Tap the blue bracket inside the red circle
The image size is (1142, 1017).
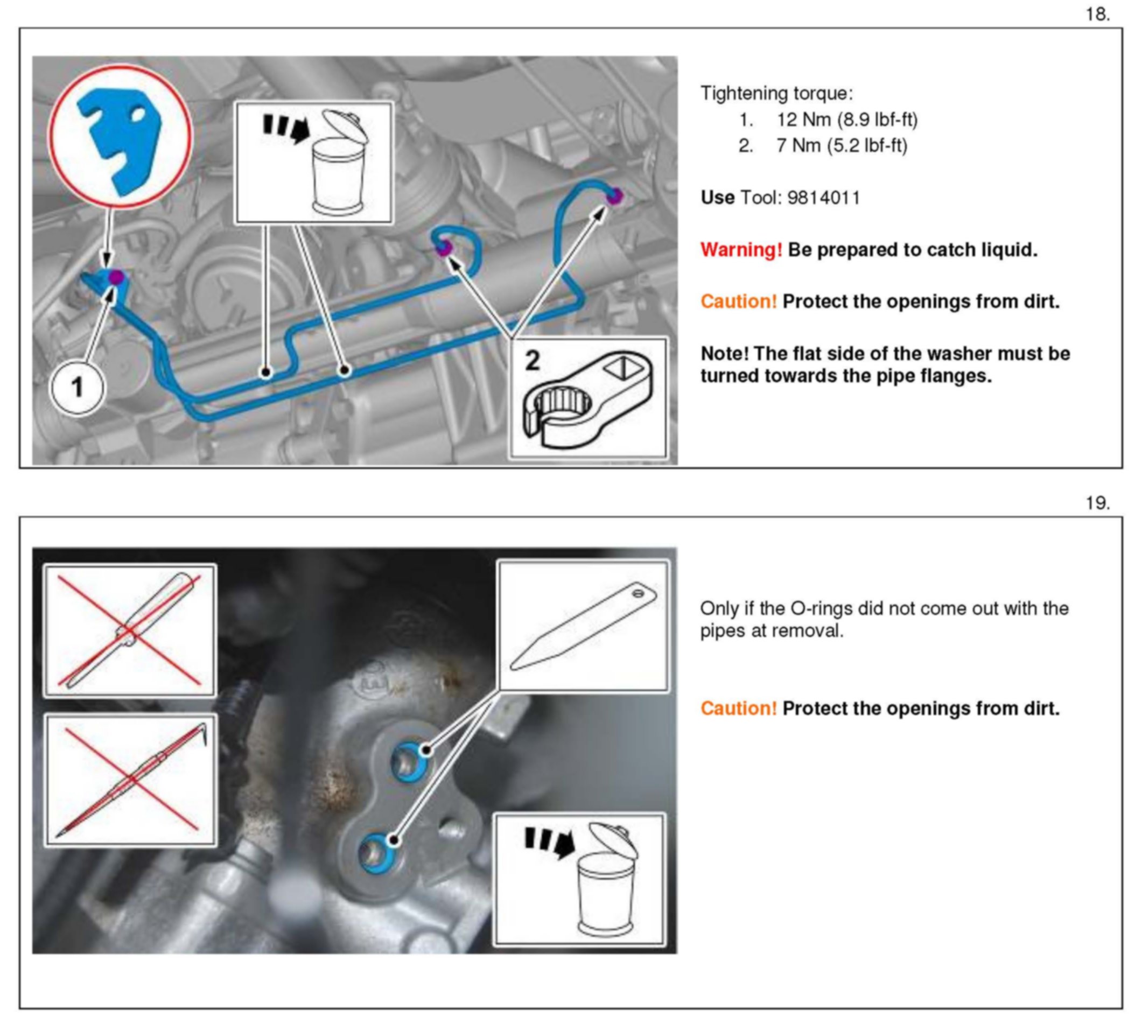[121, 139]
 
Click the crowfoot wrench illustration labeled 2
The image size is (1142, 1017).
[587, 399]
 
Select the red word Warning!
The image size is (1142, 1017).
[741, 250]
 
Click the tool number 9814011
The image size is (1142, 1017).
[824, 198]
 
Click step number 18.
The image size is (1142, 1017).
[1097, 15]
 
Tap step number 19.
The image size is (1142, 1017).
[1097, 503]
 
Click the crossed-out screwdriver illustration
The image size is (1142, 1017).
[130, 630]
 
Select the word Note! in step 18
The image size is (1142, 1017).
[725, 354]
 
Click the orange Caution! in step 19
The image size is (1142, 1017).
[738, 709]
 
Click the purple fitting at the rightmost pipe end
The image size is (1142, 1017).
[614, 196]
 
